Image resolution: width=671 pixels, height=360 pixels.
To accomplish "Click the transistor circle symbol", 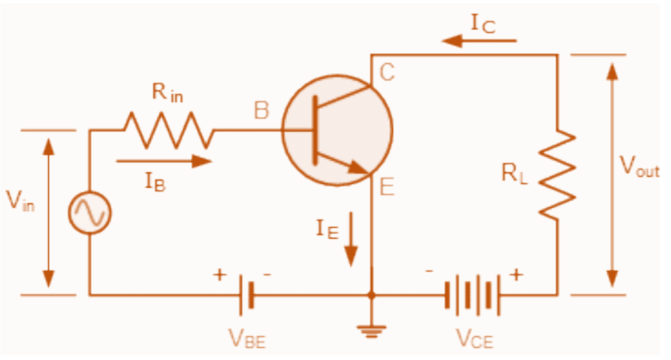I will [x=337, y=129].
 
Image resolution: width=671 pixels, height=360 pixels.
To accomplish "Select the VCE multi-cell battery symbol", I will [x=472, y=295].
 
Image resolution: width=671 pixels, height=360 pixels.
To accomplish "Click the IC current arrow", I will [x=478, y=41].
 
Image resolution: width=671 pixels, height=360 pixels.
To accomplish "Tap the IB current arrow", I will [x=164, y=161].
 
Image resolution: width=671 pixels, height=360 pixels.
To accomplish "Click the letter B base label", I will [x=261, y=111].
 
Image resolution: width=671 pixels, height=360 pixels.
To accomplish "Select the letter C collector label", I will [x=387, y=72].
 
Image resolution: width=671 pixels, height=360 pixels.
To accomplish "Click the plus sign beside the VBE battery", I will [x=219, y=275].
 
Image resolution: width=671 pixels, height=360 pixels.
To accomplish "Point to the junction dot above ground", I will [x=372, y=296].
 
